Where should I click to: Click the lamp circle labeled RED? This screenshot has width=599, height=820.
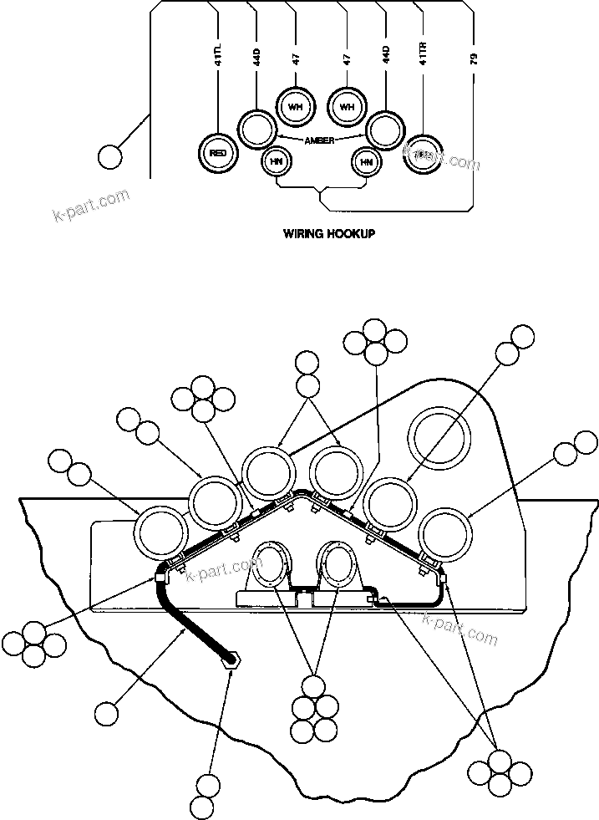coord(219,153)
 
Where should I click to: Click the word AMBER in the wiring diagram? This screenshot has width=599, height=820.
coord(320,140)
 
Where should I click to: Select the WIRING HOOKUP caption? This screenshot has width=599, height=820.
coord(329,234)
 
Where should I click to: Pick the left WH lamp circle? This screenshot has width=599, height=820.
coord(295,105)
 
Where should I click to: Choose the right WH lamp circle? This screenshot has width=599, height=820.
coord(347,105)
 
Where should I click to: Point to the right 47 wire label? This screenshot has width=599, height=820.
coord(347,59)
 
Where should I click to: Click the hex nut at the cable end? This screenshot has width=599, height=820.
coord(231,660)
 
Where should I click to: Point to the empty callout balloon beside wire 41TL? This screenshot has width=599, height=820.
coord(109,155)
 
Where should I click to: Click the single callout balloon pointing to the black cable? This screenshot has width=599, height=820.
coord(106,712)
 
